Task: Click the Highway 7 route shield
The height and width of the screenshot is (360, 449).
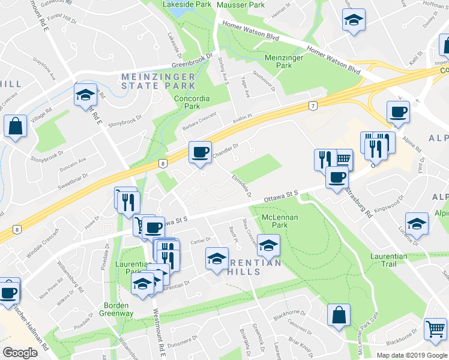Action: point(313,106)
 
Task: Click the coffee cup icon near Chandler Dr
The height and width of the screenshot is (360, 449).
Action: point(200,151)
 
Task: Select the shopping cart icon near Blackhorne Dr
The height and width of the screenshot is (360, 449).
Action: point(435,328)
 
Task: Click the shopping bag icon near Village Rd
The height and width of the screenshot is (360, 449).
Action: point(14,126)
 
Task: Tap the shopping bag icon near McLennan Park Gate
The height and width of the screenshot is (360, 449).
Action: point(339,314)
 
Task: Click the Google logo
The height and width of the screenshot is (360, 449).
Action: point(20,352)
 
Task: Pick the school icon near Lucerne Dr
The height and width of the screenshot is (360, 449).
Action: point(417,223)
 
